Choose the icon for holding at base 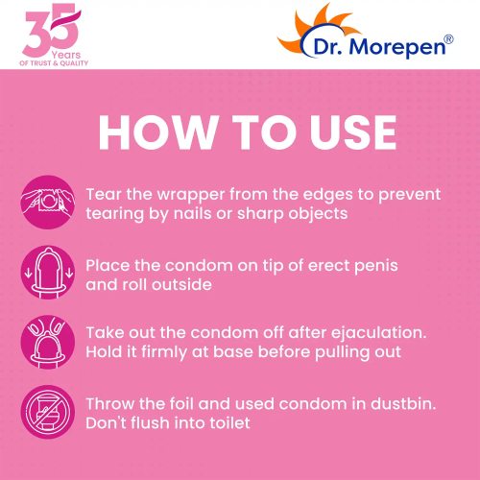[x=45, y=342]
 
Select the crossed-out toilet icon [x=45, y=412]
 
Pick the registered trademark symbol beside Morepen [x=448, y=38]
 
